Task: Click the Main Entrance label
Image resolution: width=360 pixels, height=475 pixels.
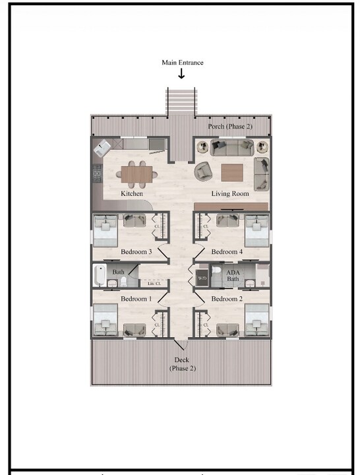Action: (183, 63)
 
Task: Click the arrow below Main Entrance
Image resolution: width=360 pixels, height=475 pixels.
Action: (182, 75)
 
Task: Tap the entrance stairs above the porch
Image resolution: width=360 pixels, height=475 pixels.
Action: (181, 101)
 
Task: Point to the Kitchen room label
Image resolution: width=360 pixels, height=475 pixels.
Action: (132, 193)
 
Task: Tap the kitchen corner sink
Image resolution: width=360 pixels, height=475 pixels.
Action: (102, 148)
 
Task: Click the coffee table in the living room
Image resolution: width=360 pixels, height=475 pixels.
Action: (232, 172)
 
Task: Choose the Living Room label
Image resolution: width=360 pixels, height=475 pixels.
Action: (229, 193)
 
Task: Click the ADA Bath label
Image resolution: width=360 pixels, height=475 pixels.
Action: (233, 276)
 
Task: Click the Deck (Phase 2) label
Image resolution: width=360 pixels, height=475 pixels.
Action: (182, 364)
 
